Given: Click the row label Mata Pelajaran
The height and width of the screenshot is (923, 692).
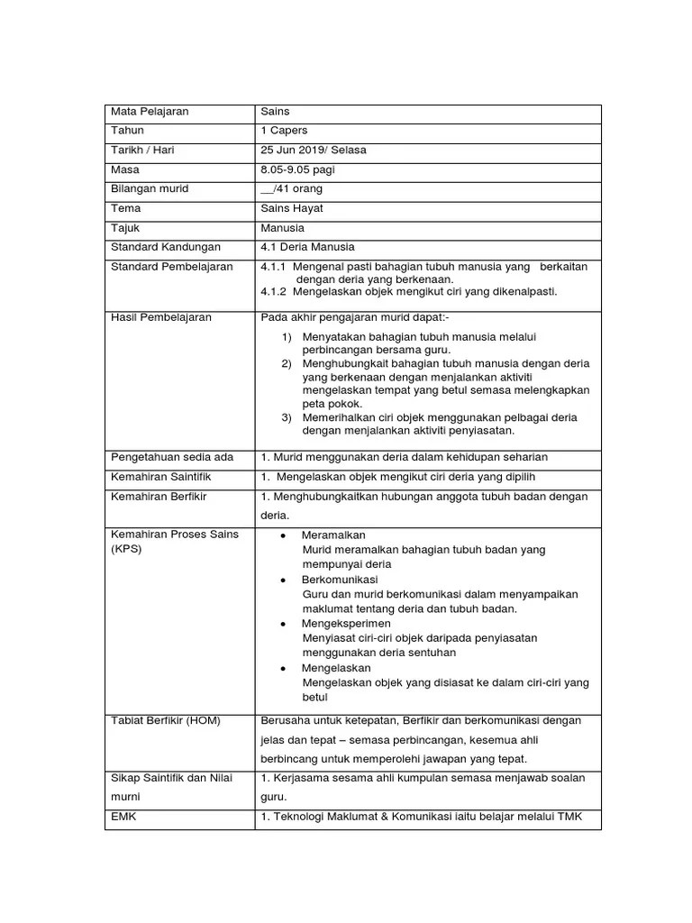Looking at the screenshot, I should pos(150,112).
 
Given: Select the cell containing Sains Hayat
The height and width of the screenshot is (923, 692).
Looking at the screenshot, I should pos(292,208).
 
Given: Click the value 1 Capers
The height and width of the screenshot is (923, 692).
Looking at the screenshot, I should pos(284,131).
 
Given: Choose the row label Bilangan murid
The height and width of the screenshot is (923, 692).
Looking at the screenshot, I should pos(150,189).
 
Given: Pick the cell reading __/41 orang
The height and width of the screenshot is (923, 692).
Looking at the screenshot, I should pos(291,189).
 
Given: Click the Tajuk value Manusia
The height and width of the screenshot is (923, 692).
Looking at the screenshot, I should pos(282,228).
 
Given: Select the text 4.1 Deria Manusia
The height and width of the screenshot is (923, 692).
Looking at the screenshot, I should pos(307,247).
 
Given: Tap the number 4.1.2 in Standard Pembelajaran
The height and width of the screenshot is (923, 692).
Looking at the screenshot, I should pos(273,292).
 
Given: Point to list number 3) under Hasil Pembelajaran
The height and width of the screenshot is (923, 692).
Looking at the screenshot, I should pos(287,417).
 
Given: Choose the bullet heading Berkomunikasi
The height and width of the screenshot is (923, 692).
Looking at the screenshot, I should pos(341,579).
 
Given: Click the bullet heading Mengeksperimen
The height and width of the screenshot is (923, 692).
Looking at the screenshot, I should pos(346,623).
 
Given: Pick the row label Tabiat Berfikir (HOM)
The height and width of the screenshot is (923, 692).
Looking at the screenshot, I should pos(165,720).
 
